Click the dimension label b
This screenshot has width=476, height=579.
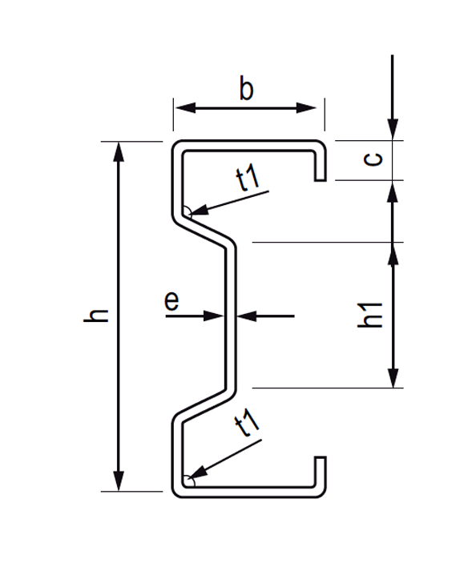(x=247, y=90)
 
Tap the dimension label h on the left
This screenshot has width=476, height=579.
(x=96, y=316)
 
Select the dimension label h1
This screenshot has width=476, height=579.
(x=370, y=315)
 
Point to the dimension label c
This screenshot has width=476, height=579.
(x=373, y=159)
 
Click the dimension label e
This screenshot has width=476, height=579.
(x=171, y=301)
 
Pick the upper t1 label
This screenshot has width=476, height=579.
(x=248, y=179)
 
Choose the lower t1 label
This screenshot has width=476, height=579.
(x=248, y=424)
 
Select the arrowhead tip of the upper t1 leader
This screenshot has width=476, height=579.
(x=189, y=214)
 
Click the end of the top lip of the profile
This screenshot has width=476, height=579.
(x=320, y=180)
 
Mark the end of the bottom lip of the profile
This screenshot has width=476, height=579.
(x=320, y=458)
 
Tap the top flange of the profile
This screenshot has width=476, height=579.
(x=248, y=145)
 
